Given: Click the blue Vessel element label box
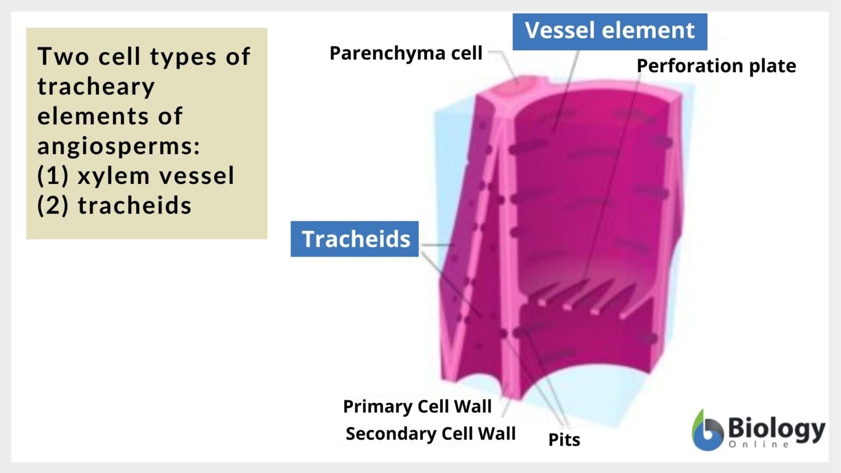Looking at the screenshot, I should (x=609, y=31).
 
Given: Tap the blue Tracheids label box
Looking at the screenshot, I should (x=355, y=239).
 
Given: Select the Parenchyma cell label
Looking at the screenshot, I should (x=406, y=53).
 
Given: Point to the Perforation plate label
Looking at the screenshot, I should (x=716, y=66).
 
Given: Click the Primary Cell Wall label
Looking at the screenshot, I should (x=417, y=406).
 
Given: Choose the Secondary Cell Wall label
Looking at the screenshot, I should (x=430, y=434).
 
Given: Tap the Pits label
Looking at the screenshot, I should (x=564, y=440).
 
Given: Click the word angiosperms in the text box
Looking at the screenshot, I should (x=118, y=146).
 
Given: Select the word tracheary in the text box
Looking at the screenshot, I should (x=96, y=86).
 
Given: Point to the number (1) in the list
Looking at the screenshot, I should (x=53, y=176).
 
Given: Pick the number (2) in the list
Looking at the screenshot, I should (x=53, y=205).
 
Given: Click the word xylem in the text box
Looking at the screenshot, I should (x=114, y=176).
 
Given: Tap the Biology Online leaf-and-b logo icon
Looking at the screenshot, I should (x=707, y=431).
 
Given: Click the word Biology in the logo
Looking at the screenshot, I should (x=776, y=429).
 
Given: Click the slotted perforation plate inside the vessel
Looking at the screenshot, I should (x=580, y=298).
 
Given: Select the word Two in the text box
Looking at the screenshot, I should (x=63, y=56).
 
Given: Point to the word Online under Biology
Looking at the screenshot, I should (x=758, y=445).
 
